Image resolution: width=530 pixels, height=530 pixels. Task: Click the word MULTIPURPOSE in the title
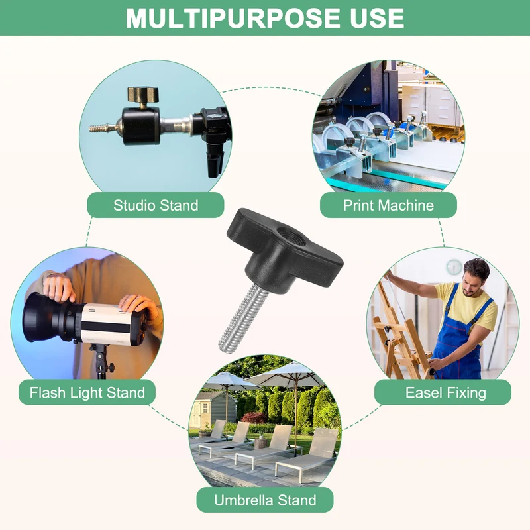tap(233, 18)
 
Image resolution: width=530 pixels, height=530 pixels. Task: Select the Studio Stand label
tap(156, 205)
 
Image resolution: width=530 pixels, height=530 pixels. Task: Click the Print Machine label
tap(388, 205)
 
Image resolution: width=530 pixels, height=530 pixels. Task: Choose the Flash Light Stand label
tap(87, 392)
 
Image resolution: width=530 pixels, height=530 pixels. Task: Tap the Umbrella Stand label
tap(265, 500)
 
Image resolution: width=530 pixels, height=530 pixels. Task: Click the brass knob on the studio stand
tap(143, 95)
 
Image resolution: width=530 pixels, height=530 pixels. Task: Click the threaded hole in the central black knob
tap(291, 236)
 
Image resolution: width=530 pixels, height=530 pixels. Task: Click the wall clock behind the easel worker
tap(454, 267)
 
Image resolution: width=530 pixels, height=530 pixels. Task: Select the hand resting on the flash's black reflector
tap(59, 288)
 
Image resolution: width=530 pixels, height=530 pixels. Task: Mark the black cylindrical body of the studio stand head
tap(140, 126)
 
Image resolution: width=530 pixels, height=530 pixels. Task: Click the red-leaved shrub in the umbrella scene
tap(254, 418)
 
